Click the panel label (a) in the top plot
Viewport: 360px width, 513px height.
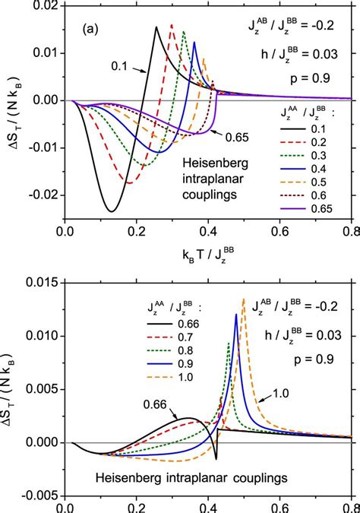(94, 33)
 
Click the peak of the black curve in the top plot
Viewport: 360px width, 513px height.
(156, 27)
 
